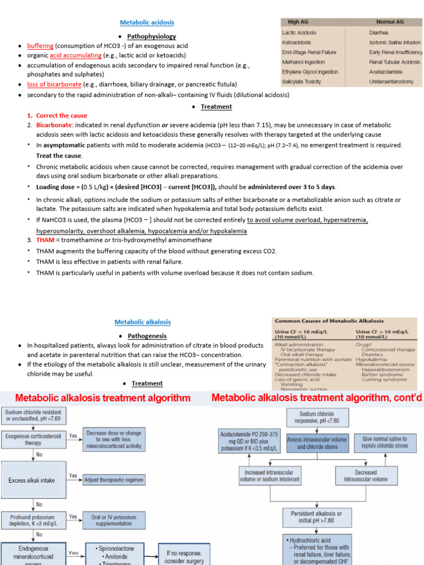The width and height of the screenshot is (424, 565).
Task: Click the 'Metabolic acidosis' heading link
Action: [x=147, y=23]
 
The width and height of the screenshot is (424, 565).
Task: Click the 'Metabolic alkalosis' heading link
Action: [x=142, y=322]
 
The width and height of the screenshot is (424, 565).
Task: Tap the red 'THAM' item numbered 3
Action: [x=45, y=240]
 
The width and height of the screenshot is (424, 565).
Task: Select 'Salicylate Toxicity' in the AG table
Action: [x=305, y=82]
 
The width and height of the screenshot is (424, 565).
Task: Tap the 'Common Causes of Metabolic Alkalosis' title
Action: [x=329, y=321]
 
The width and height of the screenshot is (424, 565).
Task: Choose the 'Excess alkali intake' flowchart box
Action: [x=32, y=480]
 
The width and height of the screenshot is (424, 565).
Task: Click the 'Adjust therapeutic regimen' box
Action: [x=114, y=480]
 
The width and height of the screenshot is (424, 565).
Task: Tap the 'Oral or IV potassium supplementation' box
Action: [x=114, y=520]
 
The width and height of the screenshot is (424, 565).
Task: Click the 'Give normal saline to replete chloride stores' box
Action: [x=386, y=443]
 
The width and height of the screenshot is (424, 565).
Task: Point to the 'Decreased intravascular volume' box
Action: [x=365, y=476]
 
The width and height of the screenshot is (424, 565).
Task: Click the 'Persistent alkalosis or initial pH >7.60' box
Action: [x=316, y=517]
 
